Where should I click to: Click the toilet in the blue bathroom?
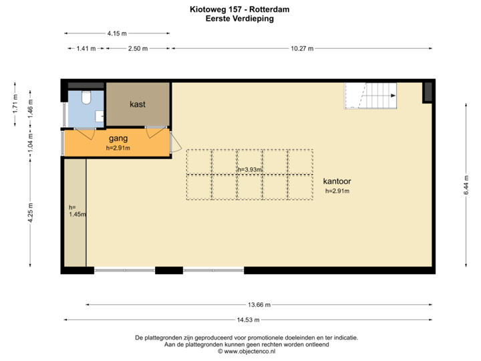[86, 97]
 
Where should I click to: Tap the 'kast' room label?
[138, 104]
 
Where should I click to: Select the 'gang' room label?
[118, 139]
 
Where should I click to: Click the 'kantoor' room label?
[337, 181]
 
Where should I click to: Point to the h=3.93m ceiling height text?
[250, 170]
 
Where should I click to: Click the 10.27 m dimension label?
[302, 49]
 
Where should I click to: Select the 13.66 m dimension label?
[259, 305]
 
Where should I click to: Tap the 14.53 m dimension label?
[248, 320]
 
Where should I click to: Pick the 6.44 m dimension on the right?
[466, 185]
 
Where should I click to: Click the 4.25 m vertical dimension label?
[30, 213]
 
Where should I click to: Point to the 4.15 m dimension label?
[117, 33]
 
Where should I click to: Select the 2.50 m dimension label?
[138, 49]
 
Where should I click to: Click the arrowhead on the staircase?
[393, 96]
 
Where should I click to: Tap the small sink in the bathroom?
[100, 116]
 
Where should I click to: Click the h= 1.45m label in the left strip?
[77, 211]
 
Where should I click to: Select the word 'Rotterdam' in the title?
[269, 9]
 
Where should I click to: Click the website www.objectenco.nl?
[250, 352]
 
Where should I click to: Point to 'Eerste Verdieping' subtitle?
[240, 19]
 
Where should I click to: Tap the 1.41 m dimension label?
[86, 49]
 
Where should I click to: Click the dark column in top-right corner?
[428, 92]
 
